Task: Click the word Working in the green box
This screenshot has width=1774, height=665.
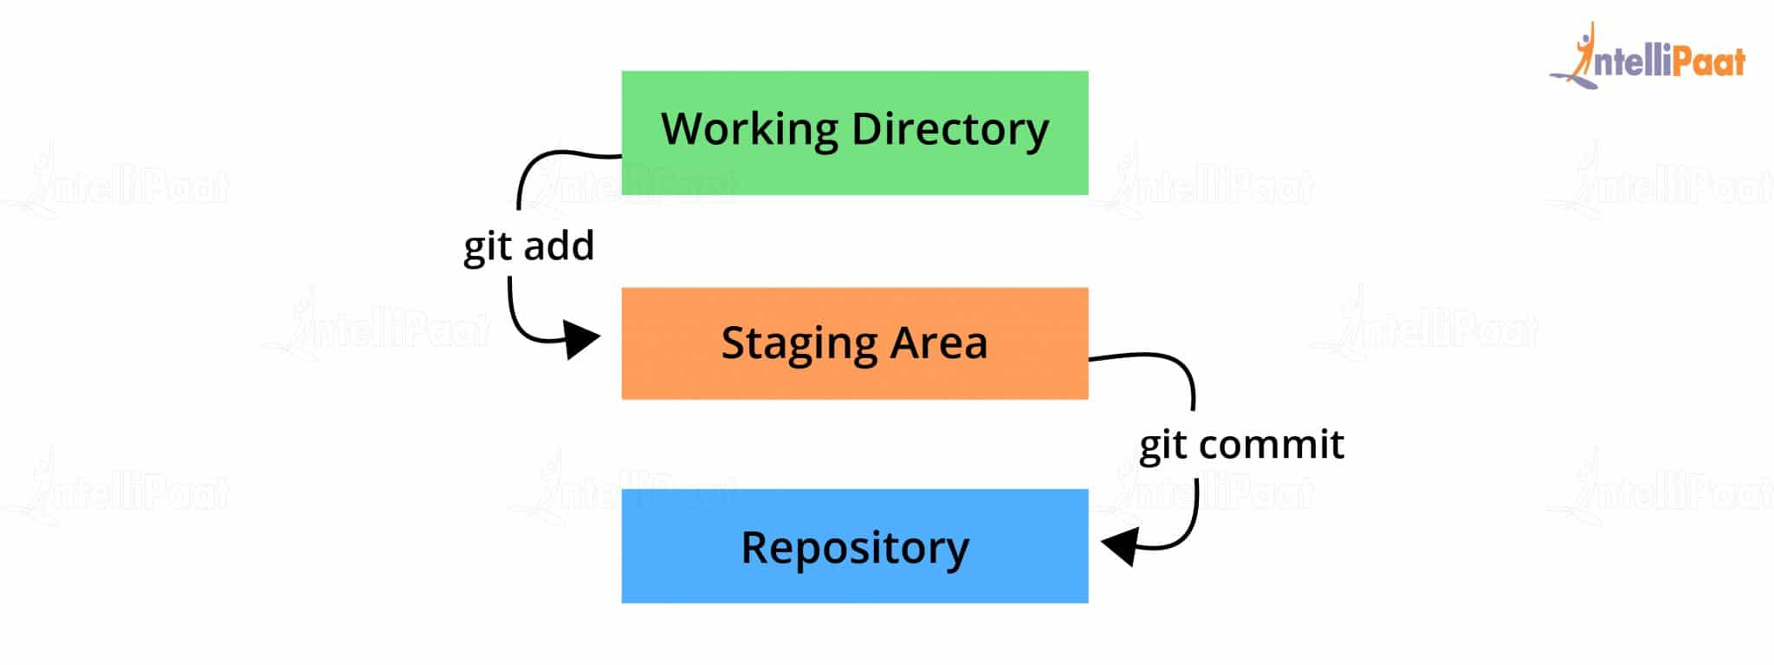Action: pyautogui.click(x=749, y=129)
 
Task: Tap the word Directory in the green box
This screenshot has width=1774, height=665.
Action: pyautogui.click(x=950, y=129)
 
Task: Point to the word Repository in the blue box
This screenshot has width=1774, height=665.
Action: pyautogui.click(x=855, y=548)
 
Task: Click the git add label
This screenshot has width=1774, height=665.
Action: pyautogui.click(x=528, y=246)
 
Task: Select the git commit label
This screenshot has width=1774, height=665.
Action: pyautogui.click(x=1241, y=445)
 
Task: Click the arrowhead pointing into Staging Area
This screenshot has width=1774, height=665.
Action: pyautogui.click(x=579, y=339)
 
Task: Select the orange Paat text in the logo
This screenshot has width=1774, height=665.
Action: pyautogui.click(x=1706, y=62)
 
